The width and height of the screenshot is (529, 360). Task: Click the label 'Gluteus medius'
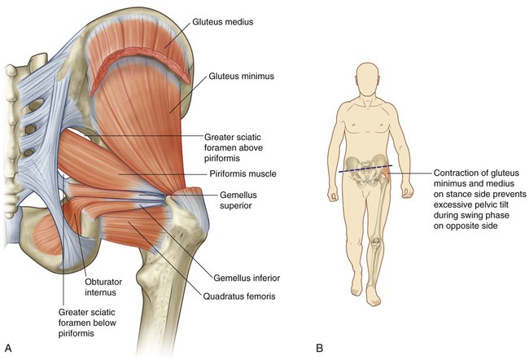pos(223,22)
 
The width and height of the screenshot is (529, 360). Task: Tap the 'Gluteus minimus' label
pos(241,76)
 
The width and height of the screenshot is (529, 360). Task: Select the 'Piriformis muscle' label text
pos(243,174)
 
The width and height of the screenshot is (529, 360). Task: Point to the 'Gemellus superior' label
pos(238,200)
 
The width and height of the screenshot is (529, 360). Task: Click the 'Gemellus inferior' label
pos(247,278)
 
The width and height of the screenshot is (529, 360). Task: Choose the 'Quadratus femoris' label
pos(239,296)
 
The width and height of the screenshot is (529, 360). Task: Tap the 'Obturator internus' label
pos(103,287)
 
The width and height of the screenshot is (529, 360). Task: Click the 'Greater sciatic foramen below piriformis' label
pos(87,323)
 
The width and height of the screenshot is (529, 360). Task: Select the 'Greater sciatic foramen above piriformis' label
pos(234,147)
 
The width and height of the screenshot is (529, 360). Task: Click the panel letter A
pos(8,348)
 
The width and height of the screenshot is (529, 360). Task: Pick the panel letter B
pos(320,348)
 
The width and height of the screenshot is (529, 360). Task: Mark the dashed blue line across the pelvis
pos(365,169)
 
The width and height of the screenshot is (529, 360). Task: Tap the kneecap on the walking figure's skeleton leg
pos(375,241)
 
